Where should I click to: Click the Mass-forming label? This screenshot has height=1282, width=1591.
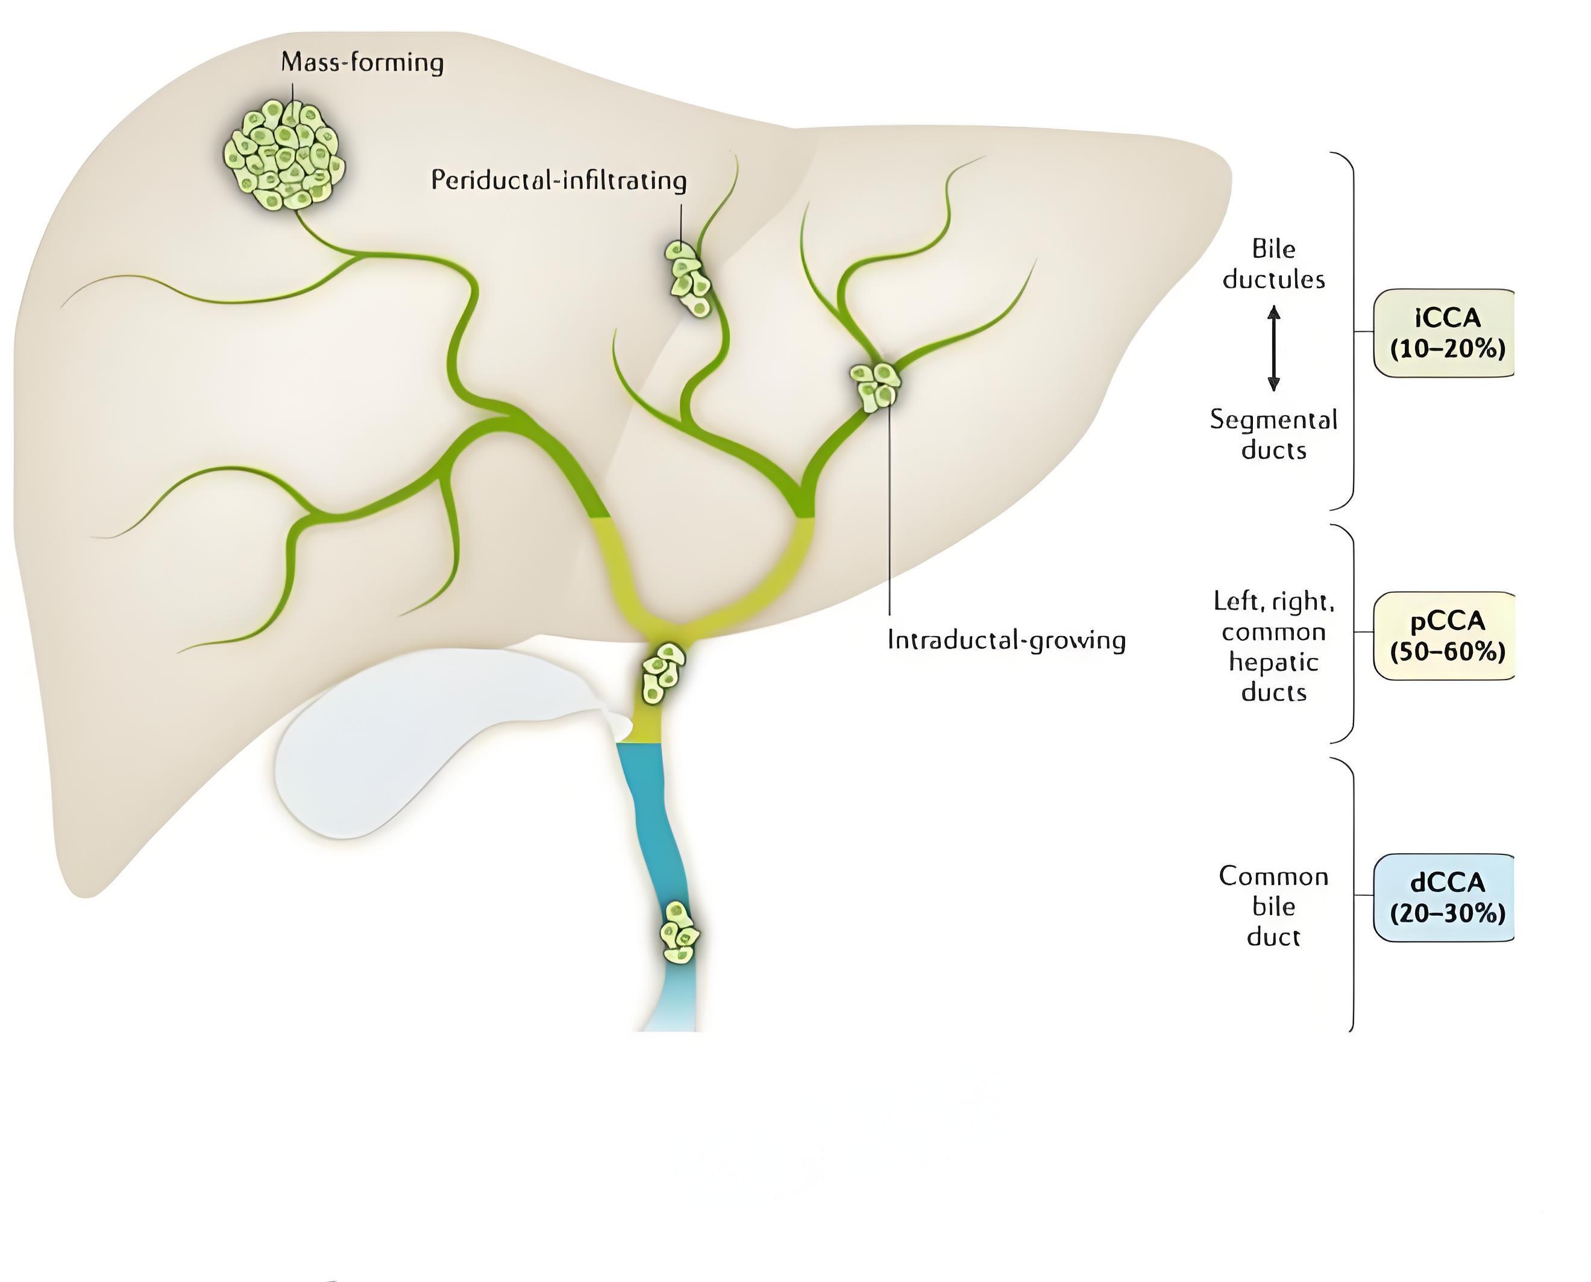click(363, 62)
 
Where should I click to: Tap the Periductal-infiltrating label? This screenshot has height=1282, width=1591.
click(559, 180)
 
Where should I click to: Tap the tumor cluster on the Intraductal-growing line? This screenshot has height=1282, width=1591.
click(877, 385)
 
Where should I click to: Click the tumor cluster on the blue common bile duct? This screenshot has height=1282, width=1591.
click(679, 933)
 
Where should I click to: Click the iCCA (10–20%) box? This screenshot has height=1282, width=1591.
click(1445, 333)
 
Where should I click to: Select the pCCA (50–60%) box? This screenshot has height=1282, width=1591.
click(1445, 636)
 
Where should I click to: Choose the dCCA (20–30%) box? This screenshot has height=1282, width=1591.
click(1445, 898)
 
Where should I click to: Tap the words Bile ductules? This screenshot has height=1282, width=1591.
click(1273, 264)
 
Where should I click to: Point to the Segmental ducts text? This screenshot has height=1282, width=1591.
click(1273, 434)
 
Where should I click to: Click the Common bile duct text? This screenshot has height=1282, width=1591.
click(1273, 906)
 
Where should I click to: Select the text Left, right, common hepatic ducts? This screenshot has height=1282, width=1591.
click(1273, 646)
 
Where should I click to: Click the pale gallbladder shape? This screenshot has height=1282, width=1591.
click(443, 739)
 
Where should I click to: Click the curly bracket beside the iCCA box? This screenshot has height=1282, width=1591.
click(1353, 331)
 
